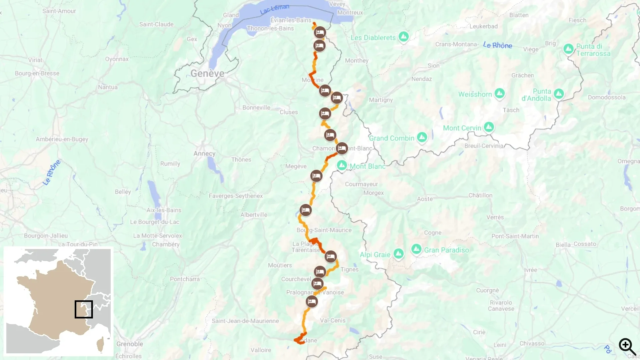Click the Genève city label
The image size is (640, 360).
coord(207,73)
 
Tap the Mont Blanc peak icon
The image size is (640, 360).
coord(342,165)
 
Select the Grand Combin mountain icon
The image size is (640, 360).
coord(422,137)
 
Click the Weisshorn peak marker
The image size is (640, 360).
coord(499,93)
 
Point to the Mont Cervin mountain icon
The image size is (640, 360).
coord(489,127)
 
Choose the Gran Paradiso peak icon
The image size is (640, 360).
coord(416,249)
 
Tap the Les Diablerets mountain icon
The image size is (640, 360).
coord(404,37)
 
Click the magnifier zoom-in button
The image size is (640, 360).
coord(627,347)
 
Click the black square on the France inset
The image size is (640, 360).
coord(84,309)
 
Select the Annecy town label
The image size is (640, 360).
coord(204,154)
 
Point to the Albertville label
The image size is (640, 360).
coord(254,215)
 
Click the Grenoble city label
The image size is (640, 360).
coord(130,344)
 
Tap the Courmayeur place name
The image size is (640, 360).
coord(361,184)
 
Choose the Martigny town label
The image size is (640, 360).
coord(381,100)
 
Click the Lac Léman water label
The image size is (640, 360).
coord(275,9)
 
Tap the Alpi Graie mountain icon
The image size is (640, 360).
coord(398,254)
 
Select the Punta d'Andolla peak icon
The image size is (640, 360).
coord(559,94)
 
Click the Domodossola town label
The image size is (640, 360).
coord(607,97)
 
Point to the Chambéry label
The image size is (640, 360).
coord(166,244)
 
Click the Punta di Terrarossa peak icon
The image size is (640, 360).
coord(568,49)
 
